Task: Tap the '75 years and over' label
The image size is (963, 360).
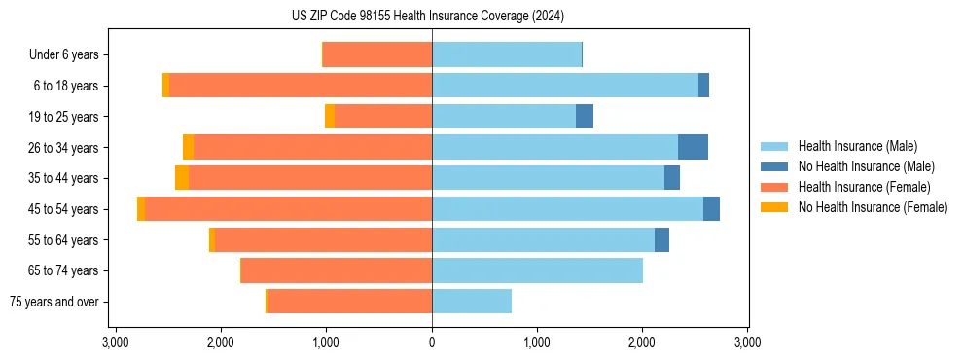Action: (53, 302)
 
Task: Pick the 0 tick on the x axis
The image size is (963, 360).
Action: (432, 342)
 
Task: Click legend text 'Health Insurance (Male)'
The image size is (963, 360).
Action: (857, 146)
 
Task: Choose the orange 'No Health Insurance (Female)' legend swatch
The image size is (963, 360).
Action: (774, 207)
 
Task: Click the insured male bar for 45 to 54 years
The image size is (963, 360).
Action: (567, 209)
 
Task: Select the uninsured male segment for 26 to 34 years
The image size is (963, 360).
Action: (693, 147)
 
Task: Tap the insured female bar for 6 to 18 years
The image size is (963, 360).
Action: (301, 86)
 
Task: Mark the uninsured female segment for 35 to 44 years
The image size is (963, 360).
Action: (182, 178)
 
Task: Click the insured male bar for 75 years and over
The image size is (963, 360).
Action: (472, 302)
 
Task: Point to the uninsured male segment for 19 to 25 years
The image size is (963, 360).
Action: (585, 117)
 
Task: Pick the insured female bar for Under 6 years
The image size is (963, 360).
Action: (377, 54)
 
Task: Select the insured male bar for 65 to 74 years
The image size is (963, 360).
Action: (537, 270)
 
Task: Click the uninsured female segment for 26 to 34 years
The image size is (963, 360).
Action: (189, 147)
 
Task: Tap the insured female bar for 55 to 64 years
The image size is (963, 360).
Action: (324, 240)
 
